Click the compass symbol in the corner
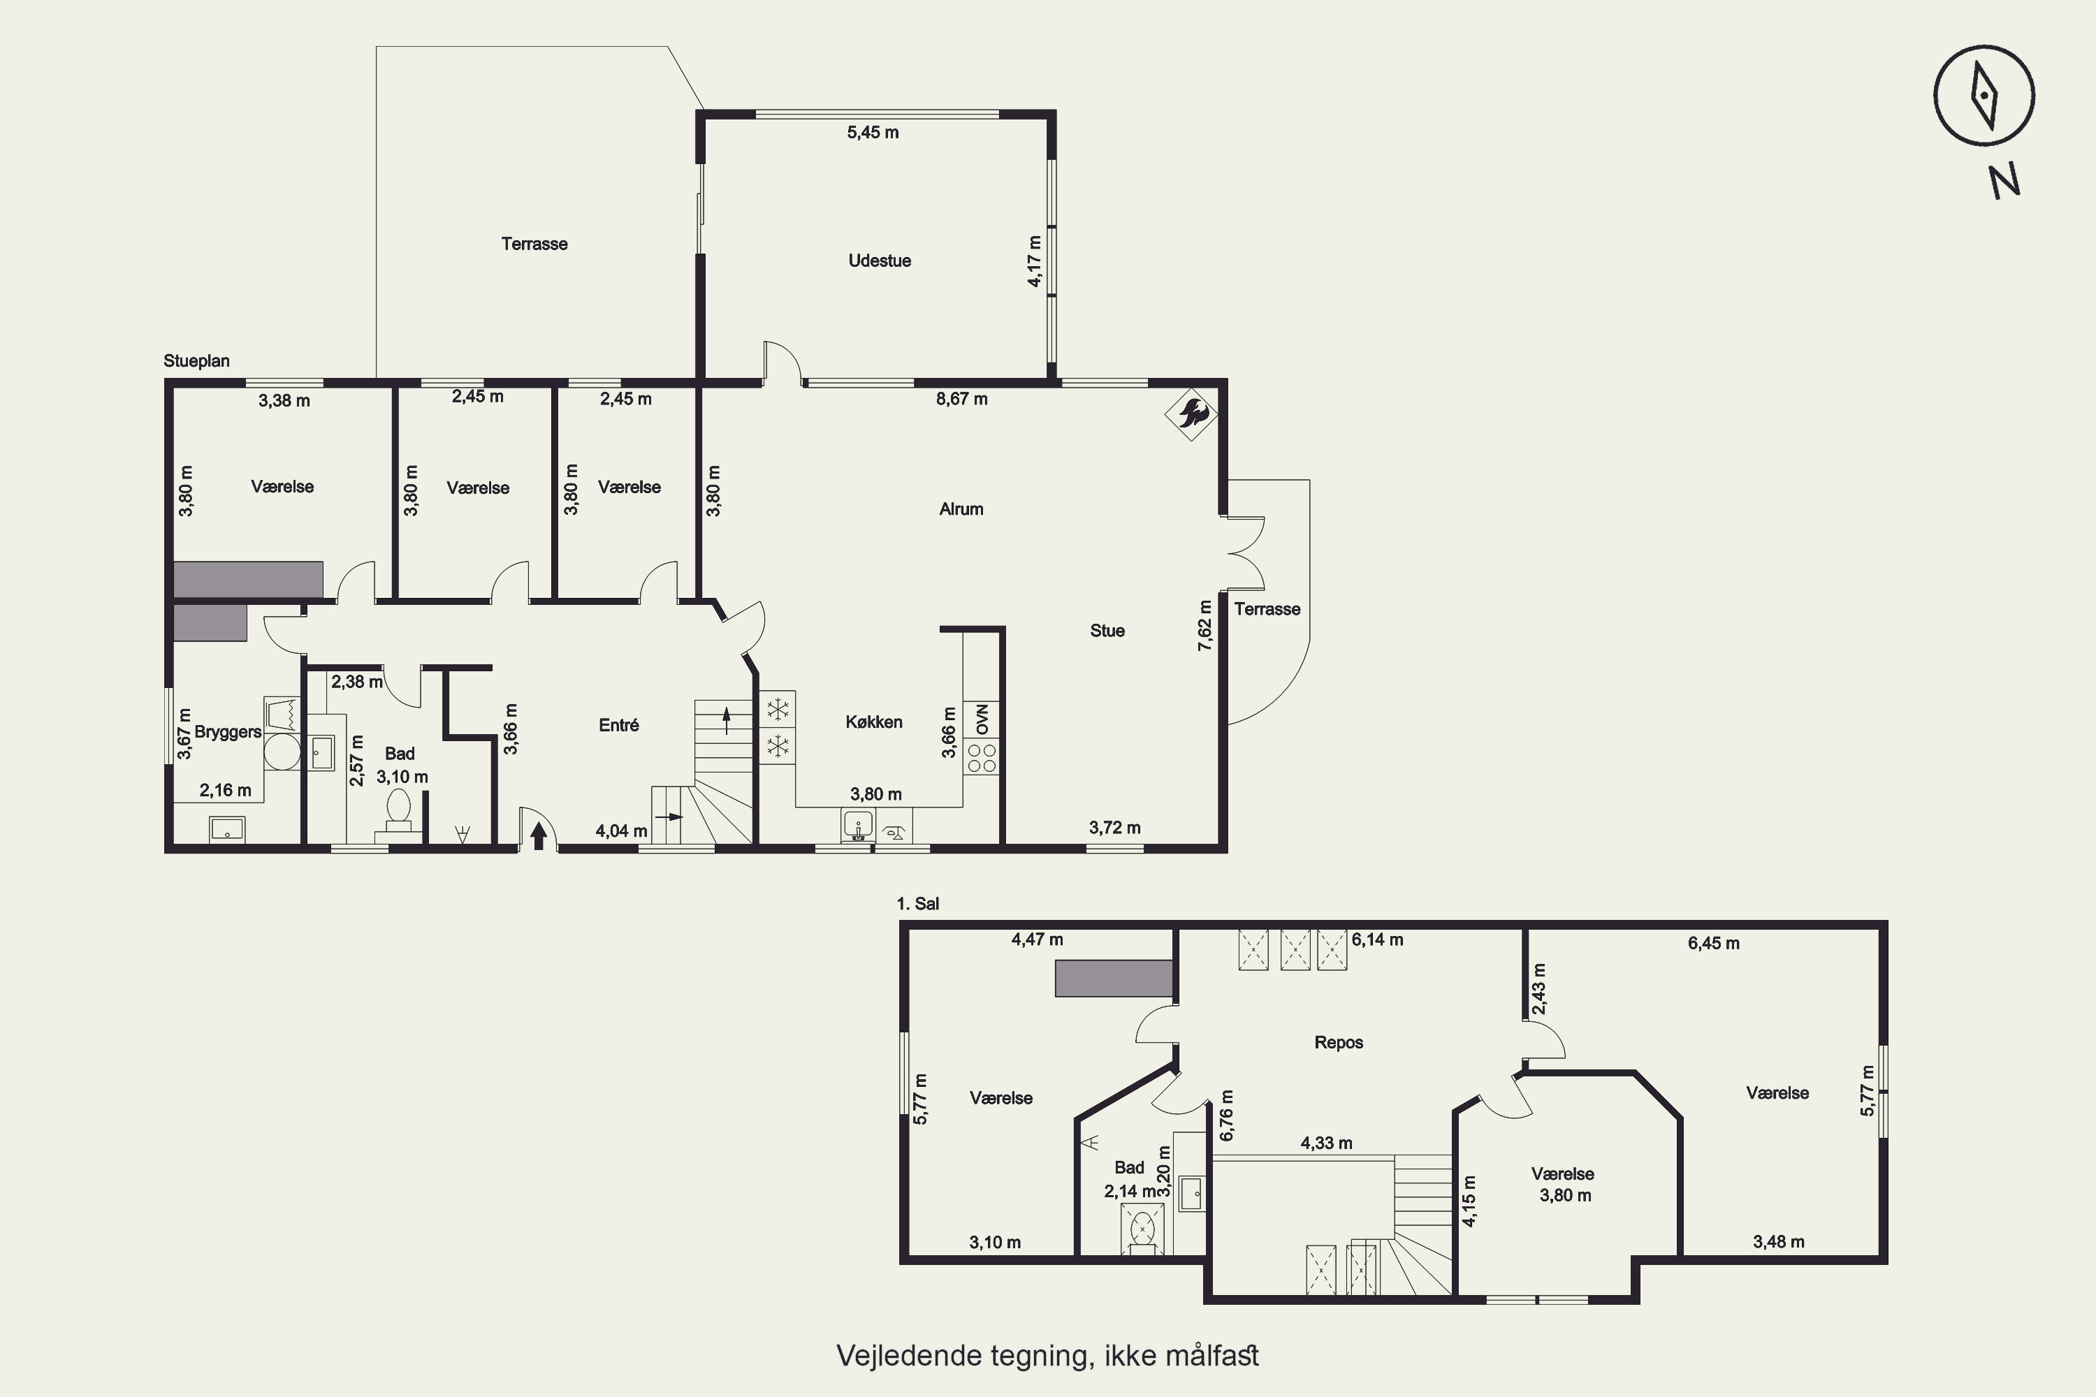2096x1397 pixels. point(1984,95)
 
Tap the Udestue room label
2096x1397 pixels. point(880,261)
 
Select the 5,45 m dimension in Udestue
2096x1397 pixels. point(873,133)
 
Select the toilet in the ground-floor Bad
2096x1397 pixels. point(398,812)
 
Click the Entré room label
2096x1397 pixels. point(618,725)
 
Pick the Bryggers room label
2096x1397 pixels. point(228,732)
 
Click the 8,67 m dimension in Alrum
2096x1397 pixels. point(961,399)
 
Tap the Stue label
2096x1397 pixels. point(1107,631)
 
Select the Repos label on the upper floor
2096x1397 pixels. point(1339,1042)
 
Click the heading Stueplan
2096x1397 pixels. point(196,361)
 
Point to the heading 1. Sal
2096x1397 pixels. point(918,903)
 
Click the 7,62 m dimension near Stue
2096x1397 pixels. point(1205,624)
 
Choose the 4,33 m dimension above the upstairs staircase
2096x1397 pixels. point(1326,1143)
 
